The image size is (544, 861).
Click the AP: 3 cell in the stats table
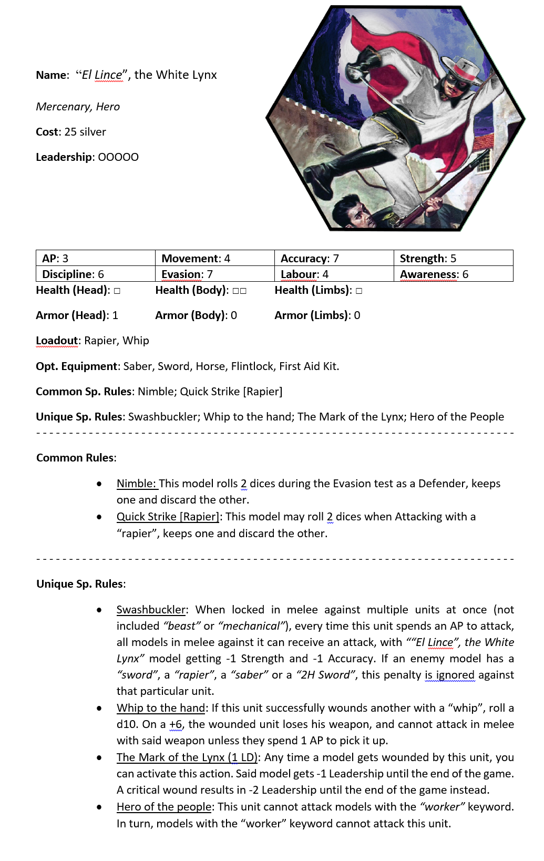click(x=95, y=258)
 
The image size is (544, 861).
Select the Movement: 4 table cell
click(x=214, y=258)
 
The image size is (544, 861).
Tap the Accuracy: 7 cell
click(x=334, y=258)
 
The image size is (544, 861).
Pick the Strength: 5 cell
click(x=453, y=258)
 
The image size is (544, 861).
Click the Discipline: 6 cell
click(x=95, y=274)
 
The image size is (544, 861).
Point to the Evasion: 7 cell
click(x=214, y=274)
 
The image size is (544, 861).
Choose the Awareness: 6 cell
click(x=453, y=274)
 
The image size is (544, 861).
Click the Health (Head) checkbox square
click(x=117, y=291)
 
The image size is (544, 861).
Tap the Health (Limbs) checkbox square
click(x=358, y=291)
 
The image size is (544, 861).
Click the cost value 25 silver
click(x=85, y=132)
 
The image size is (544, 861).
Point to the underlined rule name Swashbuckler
click(x=151, y=610)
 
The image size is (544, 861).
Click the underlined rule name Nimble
click(x=136, y=484)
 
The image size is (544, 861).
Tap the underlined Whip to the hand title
click(x=160, y=708)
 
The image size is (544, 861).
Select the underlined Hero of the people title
click(x=163, y=807)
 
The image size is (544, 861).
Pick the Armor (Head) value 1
click(x=115, y=315)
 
